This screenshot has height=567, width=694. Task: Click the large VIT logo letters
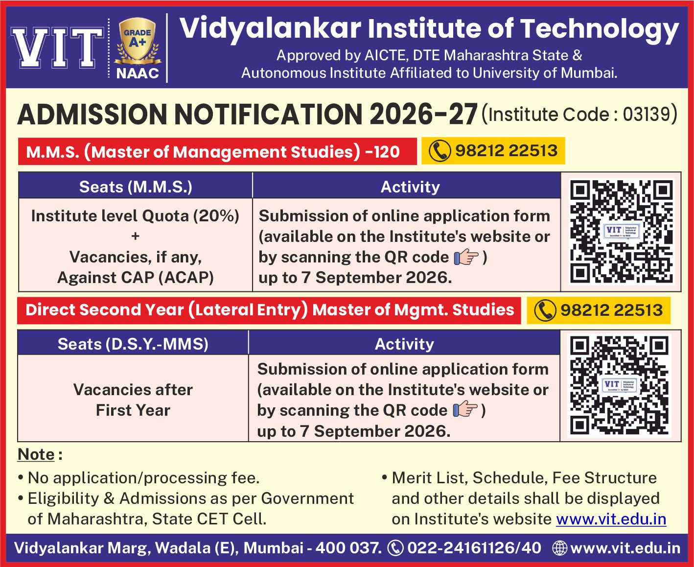click(x=57, y=48)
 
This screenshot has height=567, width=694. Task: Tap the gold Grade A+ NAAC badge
click(x=138, y=42)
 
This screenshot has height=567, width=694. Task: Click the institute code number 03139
click(x=647, y=114)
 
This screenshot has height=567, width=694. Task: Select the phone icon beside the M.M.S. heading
click(x=440, y=151)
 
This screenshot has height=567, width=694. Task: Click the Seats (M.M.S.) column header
click(x=136, y=187)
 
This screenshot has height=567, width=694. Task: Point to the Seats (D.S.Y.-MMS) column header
click(x=133, y=344)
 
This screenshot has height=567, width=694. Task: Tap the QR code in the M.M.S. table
click(x=621, y=232)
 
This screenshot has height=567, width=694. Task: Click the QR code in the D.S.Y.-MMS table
click(x=619, y=385)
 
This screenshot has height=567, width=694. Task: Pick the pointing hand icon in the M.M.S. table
click(x=466, y=257)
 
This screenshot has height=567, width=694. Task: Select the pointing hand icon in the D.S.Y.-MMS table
click(x=465, y=410)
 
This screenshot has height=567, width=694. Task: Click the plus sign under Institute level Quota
click(x=135, y=236)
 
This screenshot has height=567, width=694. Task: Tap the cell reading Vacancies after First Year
click(x=133, y=400)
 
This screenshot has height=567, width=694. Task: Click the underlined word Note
click(x=36, y=454)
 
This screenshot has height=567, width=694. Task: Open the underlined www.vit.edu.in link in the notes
click(x=611, y=519)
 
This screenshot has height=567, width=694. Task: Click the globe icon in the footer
click(x=559, y=548)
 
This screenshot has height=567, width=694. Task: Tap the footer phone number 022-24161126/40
click(x=474, y=548)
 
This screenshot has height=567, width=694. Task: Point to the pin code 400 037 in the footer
click(x=347, y=548)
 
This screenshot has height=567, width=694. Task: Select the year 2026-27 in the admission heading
click(x=423, y=114)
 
